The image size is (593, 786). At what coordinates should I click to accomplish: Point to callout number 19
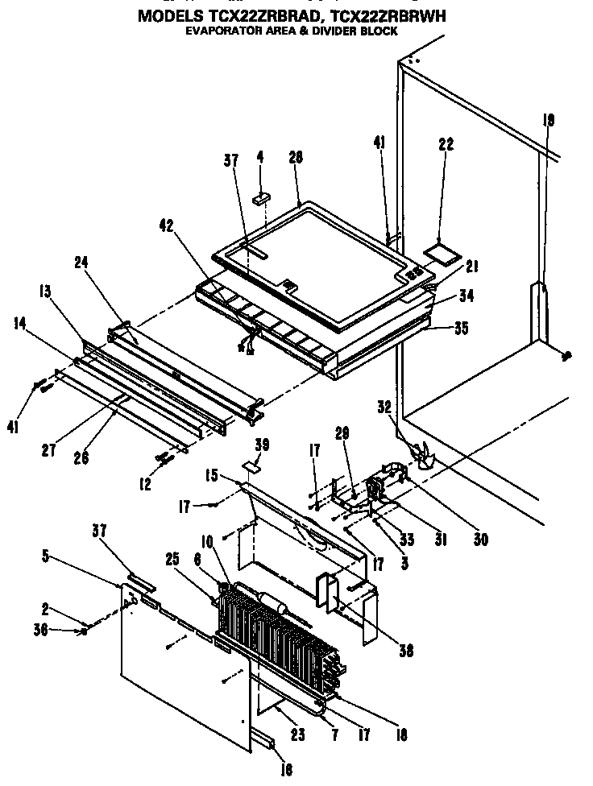click(x=549, y=121)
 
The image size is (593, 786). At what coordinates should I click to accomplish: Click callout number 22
click(x=446, y=145)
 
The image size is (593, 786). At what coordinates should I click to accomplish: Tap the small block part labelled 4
click(x=260, y=197)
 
